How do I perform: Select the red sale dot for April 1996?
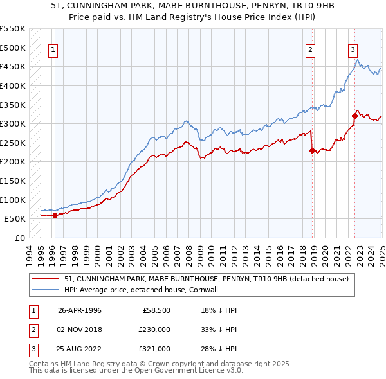click(x=55, y=215)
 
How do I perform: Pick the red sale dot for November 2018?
click(x=312, y=151)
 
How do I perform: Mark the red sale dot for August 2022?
click(x=354, y=116)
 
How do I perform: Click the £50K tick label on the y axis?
click(x=15, y=218)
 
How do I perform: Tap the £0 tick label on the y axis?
click(x=20, y=238)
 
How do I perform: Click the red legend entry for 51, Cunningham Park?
click(x=206, y=279)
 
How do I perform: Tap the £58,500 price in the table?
click(x=157, y=310)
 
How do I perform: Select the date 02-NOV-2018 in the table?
click(x=80, y=330)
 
